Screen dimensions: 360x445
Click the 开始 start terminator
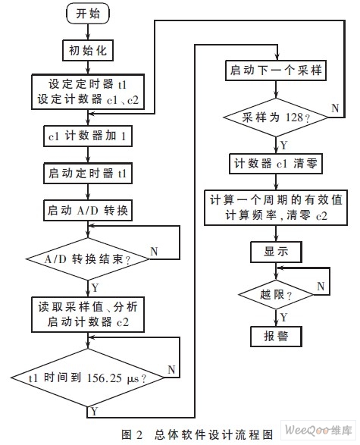point(88,14)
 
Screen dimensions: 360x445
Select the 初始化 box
point(88,51)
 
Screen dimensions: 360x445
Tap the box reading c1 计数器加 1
point(88,136)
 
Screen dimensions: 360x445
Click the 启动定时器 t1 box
point(88,173)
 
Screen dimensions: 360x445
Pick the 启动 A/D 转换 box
point(88,210)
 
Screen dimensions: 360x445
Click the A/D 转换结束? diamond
point(88,259)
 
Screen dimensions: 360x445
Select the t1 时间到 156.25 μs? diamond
point(88,378)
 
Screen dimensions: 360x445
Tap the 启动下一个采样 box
point(276,71)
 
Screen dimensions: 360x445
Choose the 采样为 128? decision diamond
point(276,118)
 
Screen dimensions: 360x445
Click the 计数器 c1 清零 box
point(276,164)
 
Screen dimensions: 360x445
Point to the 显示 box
point(276,252)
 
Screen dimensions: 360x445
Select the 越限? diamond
point(276,295)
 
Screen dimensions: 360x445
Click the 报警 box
point(276,337)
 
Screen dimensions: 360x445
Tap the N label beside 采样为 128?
point(335,108)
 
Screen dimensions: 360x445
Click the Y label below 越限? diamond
point(283,317)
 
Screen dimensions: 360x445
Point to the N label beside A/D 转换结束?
point(154,251)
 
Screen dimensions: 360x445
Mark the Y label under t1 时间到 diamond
point(95,411)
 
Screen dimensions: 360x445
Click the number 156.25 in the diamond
point(105,378)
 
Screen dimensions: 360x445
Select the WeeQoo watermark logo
point(318,431)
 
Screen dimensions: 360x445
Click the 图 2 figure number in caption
point(132,434)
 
